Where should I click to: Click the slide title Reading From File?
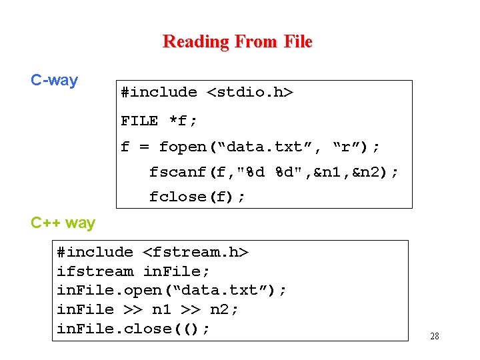point(237,41)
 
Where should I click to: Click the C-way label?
point(54,81)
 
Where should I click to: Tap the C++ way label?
point(63,223)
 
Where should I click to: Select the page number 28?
point(435,336)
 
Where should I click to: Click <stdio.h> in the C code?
point(250,92)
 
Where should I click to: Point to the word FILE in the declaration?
point(139,121)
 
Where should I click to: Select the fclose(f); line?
point(197,197)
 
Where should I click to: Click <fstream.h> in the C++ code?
point(195,252)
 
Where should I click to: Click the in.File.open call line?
point(172,291)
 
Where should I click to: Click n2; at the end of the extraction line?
point(224,309)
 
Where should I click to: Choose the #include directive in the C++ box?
point(95,252)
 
